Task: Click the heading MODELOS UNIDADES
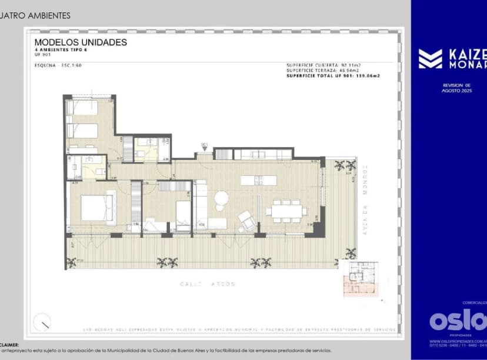81,42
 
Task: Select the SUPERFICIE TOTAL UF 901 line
333,76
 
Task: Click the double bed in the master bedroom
97,208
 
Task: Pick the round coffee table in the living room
221,198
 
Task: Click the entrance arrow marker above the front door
205,145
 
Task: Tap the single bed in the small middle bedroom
183,215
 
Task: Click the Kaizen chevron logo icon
430,59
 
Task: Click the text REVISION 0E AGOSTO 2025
458,88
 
